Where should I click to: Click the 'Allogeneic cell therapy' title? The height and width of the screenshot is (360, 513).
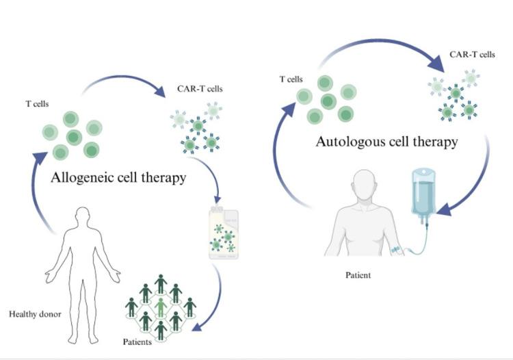click(x=118, y=178)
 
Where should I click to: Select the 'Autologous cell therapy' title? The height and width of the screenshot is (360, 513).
click(x=386, y=142)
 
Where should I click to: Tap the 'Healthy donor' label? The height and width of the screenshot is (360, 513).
click(x=35, y=314)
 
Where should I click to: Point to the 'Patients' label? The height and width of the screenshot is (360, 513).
click(x=137, y=342)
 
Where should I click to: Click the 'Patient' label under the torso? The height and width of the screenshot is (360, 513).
click(x=358, y=275)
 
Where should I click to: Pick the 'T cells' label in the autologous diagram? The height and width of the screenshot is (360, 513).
click(x=291, y=79)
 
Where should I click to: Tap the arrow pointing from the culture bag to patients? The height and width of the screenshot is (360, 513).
click(x=215, y=301)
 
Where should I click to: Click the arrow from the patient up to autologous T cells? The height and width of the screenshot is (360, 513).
click(x=282, y=157)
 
